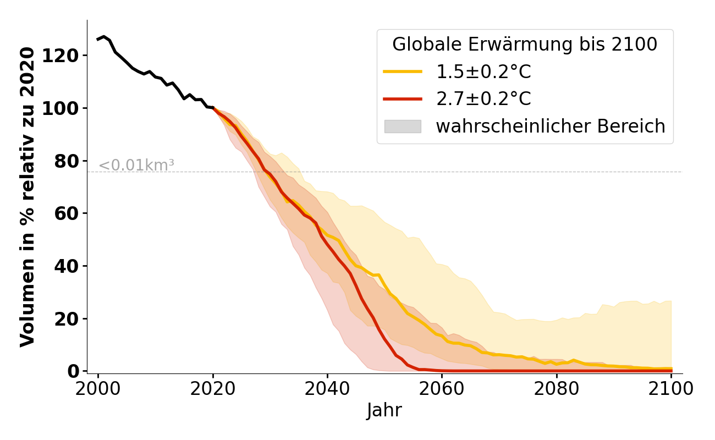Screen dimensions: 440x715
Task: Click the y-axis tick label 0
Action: tap(74, 371)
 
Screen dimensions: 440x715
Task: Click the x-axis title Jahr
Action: tap(384, 410)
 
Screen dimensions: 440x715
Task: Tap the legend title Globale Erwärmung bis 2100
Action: tap(525, 45)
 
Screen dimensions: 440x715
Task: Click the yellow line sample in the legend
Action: tap(403, 71)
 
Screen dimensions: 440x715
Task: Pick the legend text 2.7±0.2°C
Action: tap(483, 99)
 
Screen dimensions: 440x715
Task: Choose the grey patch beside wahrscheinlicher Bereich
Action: tap(403, 127)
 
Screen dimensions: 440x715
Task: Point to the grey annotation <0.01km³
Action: tap(136, 165)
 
